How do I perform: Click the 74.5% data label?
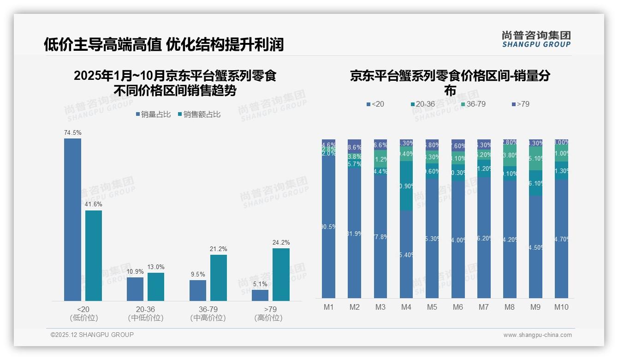(x=72, y=132)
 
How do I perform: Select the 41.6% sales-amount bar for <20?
(x=93, y=256)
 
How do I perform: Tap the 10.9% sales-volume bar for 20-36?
(x=135, y=289)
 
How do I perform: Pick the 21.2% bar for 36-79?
(x=219, y=278)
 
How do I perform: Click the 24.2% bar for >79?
(x=281, y=275)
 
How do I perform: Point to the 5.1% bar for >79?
(x=260, y=295)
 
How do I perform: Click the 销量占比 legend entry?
(x=153, y=114)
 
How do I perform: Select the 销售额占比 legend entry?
(x=199, y=114)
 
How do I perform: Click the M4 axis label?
(x=406, y=307)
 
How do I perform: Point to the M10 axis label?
(x=561, y=307)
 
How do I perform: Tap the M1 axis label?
(x=328, y=307)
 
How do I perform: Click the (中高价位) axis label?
(x=208, y=318)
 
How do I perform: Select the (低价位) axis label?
(x=84, y=318)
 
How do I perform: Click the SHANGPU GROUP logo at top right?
(x=536, y=39)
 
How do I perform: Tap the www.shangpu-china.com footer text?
(x=537, y=335)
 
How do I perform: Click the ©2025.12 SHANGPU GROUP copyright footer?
(x=92, y=335)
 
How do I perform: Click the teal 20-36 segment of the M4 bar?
(x=406, y=186)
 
